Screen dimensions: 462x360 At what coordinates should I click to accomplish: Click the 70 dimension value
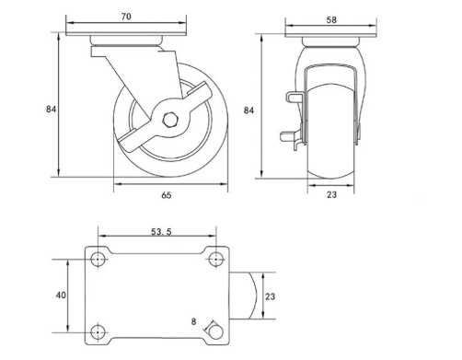[x=126, y=17]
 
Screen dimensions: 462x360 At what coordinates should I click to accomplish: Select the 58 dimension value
[x=331, y=20]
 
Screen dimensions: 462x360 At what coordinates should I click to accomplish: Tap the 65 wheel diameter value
[x=167, y=195]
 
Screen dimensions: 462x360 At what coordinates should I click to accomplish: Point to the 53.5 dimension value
[x=161, y=232]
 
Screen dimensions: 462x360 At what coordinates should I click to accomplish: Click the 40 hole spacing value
[x=61, y=295]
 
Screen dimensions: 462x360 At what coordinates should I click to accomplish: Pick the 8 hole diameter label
[x=193, y=321]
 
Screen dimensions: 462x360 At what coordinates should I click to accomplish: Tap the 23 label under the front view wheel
[x=331, y=194]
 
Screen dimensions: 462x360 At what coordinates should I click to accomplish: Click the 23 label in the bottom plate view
[x=270, y=296]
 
